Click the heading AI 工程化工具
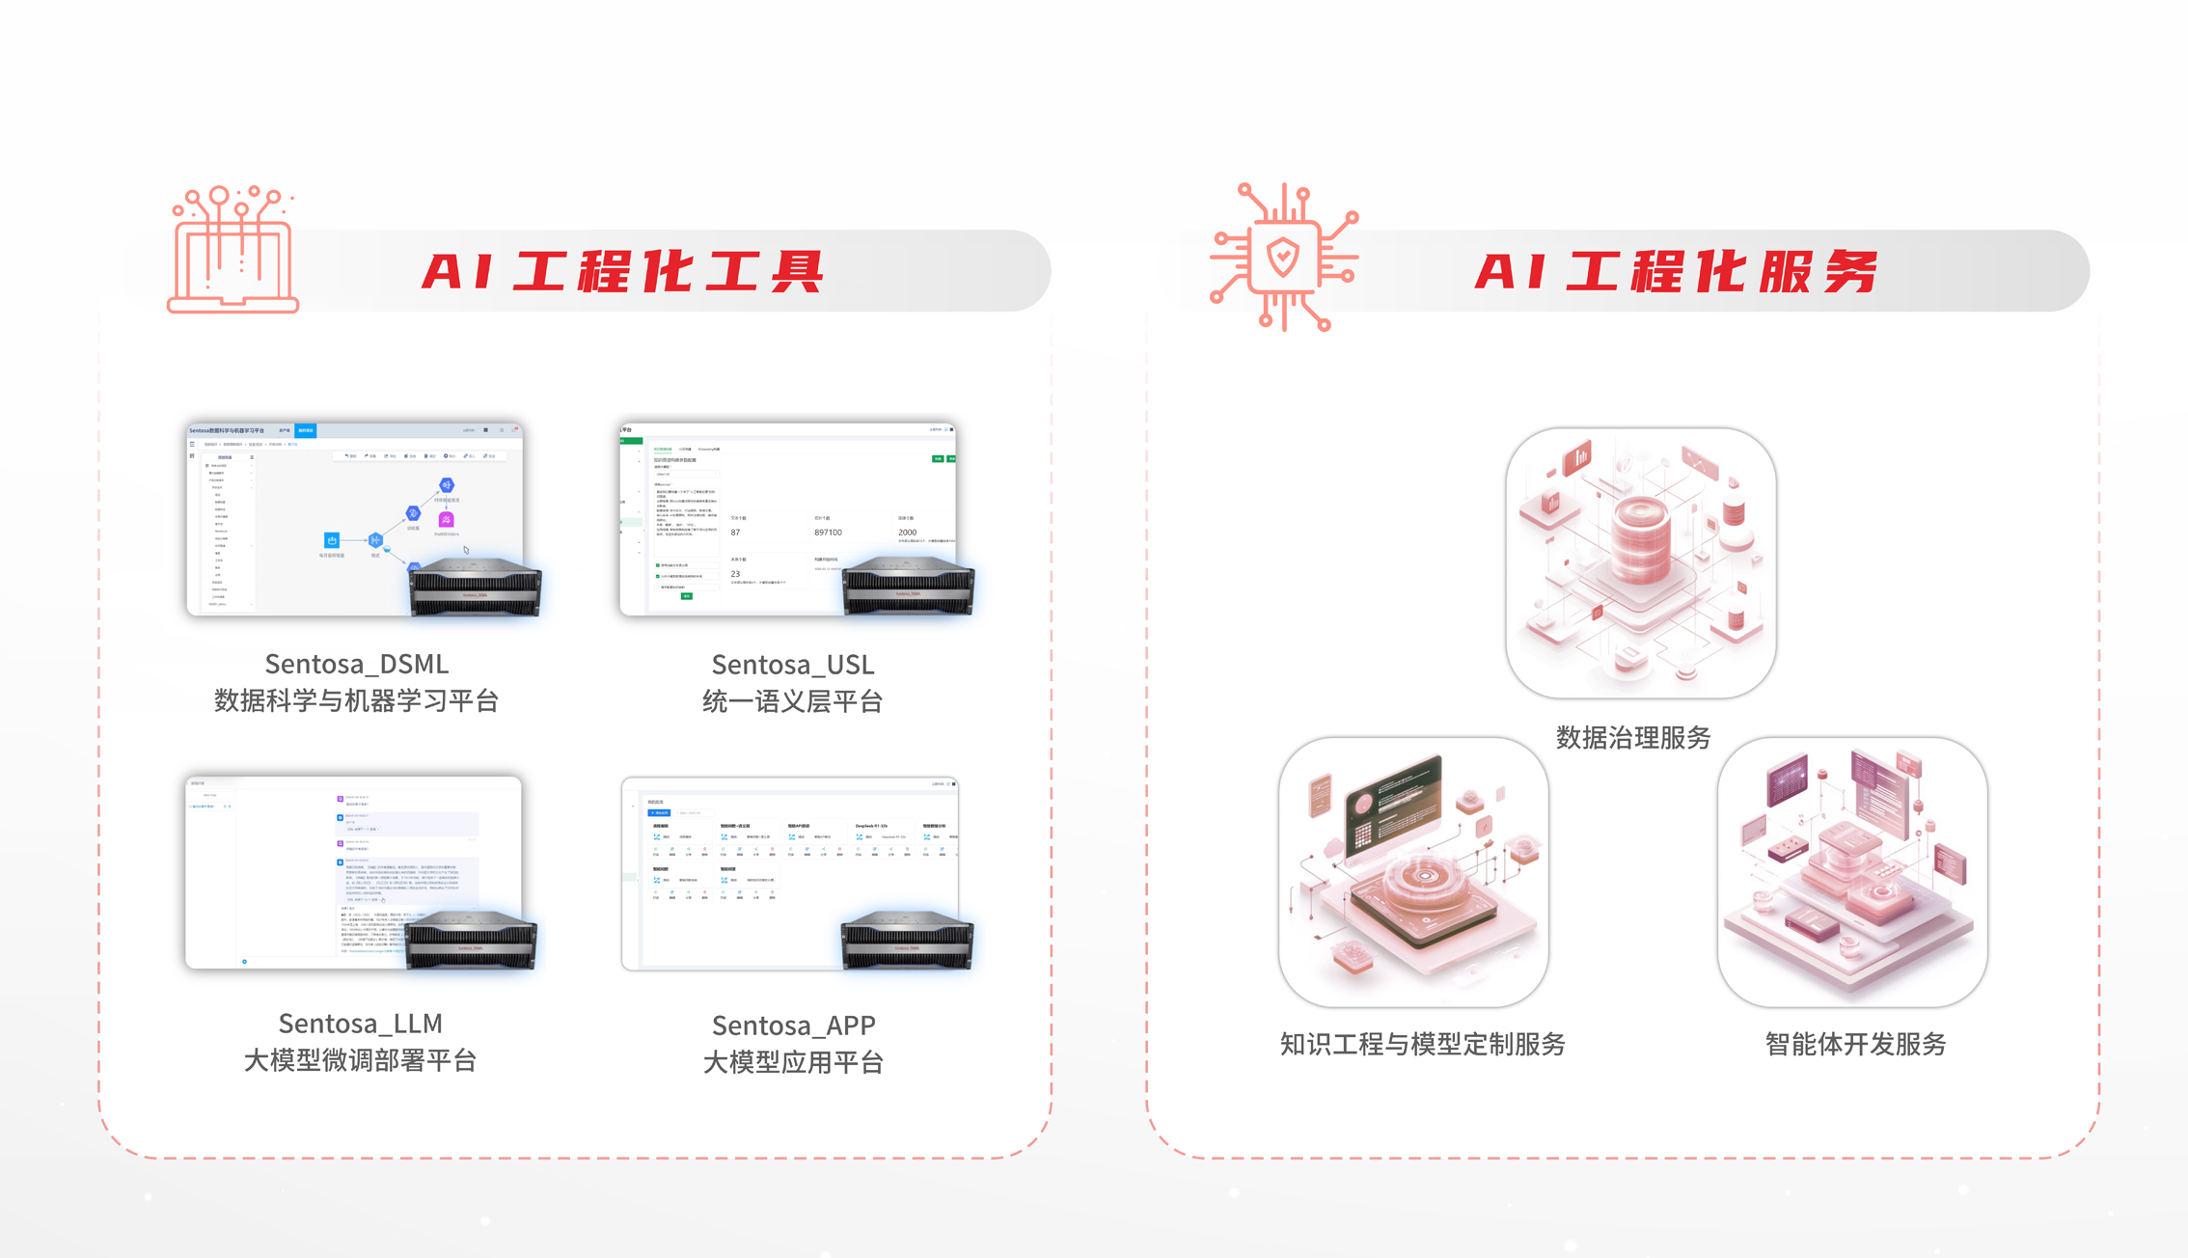tap(622, 271)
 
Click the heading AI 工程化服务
tap(1676, 271)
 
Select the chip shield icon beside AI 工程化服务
tap(1283, 258)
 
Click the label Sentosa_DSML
tap(357, 664)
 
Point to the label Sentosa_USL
tap(793, 665)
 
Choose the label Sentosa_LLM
tap(361, 1024)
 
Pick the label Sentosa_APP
tap(794, 1026)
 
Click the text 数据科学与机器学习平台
tap(357, 701)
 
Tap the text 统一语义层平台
tap(793, 702)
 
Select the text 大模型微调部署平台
tap(361, 1061)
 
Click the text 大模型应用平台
tap(794, 1063)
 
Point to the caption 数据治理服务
tap(1633, 738)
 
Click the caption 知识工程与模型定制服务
tap(1423, 1044)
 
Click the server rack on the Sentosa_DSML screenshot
tap(475, 587)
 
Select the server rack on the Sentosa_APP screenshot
tap(907, 941)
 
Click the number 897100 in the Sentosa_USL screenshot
tap(828, 533)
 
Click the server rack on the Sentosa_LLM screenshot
tap(471, 941)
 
